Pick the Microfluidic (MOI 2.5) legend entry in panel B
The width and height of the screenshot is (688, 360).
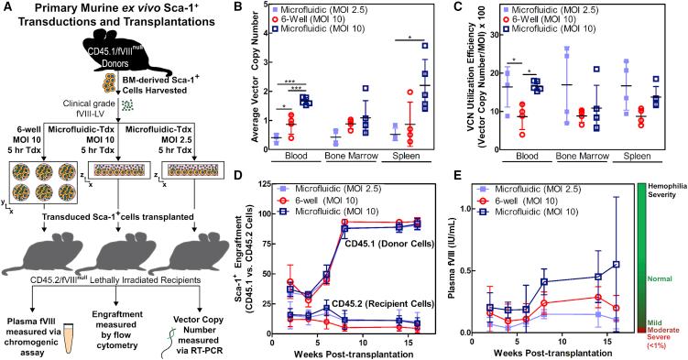[x=339, y=11]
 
